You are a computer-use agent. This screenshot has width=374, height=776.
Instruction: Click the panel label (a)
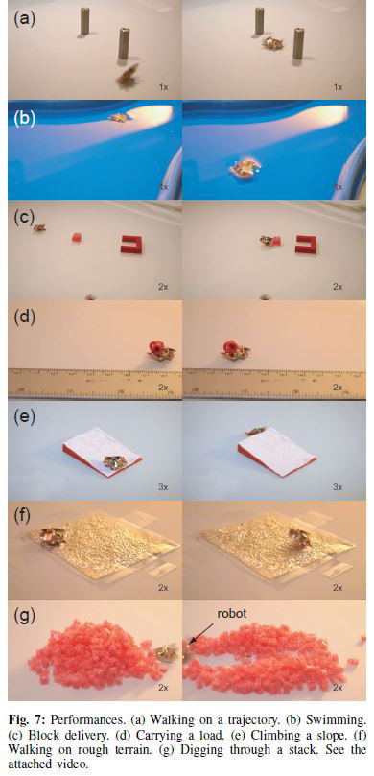coord(22,16)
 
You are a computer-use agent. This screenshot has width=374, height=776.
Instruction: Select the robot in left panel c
coord(39,227)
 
